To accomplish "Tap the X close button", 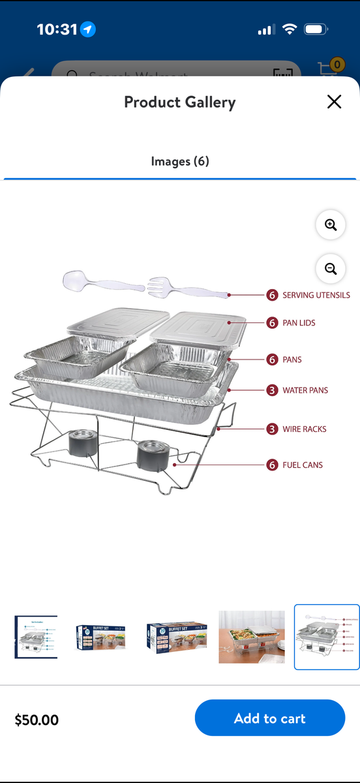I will pyautogui.click(x=334, y=102).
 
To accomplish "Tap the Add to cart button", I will pyautogui.click(x=269, y=718).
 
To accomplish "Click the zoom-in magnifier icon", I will pyautogui.click(x=330, y=225).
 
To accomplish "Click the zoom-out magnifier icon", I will pyautogui.click(x=330, y=268).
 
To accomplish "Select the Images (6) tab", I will pyautogui.click(x=180, y=161).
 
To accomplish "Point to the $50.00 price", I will pyautogui.click(x=37, y=720).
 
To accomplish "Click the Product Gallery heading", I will pyautogui.click(x=179, y=102).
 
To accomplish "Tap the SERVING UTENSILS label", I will pyautogui.click(x=316, y=296).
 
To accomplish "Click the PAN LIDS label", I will pyautogui.click(x=299, y=323).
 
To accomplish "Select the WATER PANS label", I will pyautogui.click(x=305, y=390).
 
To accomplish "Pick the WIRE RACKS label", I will pyautogui.click(x=304, y=429).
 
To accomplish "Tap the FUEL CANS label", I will pyautogui.click(x=302, y=465).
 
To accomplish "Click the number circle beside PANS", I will pyautogui.click(x=272, y=360).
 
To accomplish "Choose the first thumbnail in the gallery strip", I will pyautogui.click(x=36, y=637).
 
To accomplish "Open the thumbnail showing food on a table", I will pyautogui.click(x=251, y=637).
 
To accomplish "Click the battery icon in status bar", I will pyautogui.click(x=316, y=29).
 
